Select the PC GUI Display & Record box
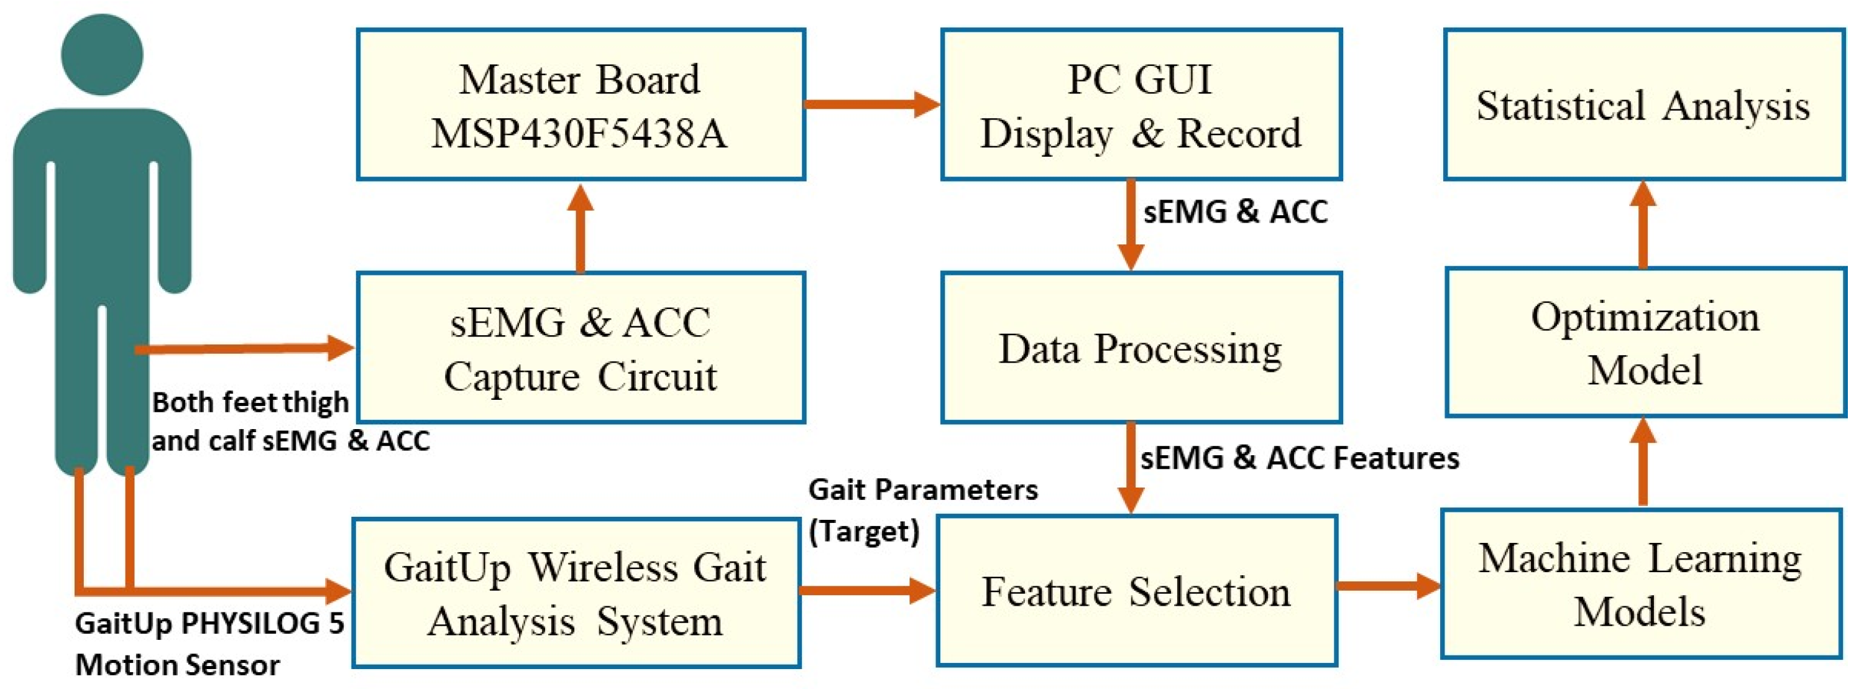1141,104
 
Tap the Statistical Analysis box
1643,104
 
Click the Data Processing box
1141,348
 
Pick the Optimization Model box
1645,342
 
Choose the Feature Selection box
1136,591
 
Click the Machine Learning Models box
1640,584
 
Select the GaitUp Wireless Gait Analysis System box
576,593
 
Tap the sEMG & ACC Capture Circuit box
581,348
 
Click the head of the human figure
103,55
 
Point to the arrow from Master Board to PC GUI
871,104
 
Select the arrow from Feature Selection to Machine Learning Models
1387,585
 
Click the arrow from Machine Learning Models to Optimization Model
1643,462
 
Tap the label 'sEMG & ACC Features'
1298,458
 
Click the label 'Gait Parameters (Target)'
921,510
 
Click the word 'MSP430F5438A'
579,134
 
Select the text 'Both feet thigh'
250,402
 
